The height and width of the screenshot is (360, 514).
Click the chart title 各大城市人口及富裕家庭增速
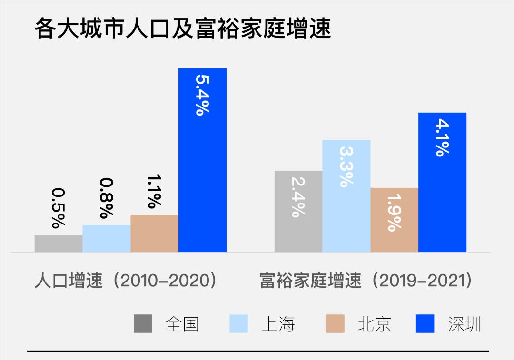click(x=182, y=29)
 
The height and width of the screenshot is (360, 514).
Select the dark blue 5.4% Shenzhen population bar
click(x=202, y=181)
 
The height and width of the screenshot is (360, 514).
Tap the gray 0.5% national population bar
click(x=59, y=243)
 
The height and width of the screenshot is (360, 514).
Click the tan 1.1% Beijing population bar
click(x=154, y=234)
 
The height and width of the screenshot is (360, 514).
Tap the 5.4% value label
click(x=202, y=93)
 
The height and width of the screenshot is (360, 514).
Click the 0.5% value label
click(x=59, y=208)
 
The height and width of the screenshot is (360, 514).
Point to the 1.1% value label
click(x=154, y=192)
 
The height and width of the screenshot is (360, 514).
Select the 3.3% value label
click(x=346, y=166)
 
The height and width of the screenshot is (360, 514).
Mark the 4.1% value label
click(x=442, y=137)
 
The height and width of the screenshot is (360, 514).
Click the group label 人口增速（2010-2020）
click(x=126, y=281)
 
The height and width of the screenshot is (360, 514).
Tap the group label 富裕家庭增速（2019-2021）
click(x=366, y=281)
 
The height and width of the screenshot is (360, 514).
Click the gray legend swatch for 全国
click(x=143, y=324)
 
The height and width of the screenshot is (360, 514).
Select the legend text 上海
click(x=278, y=324)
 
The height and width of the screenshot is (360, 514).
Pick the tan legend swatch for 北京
click(x=335, y=324)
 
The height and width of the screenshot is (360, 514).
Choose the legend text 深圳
click(x=465, y=324)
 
